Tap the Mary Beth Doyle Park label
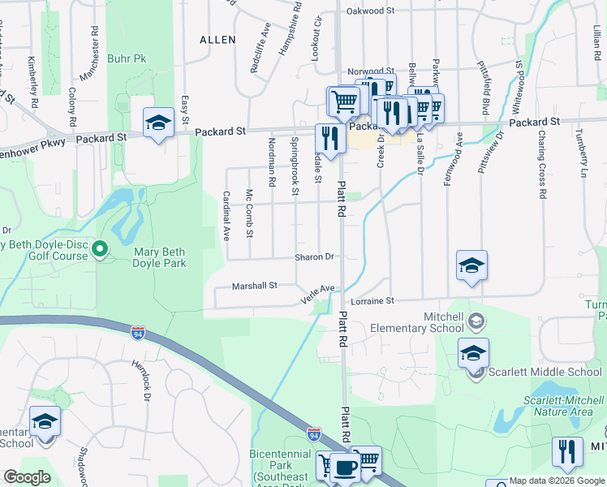(x=159, y=257)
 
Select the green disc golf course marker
(x=100, y=249)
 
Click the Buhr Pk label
(x=127, y=59)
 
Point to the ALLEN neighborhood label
(x=217, y=40)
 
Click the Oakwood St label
(x=370, y=11)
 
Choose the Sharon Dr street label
(x=315, y=256)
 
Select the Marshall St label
(x=255, y=286)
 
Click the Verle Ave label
(x=318, y=291)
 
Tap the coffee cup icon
(x=347, y=468)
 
